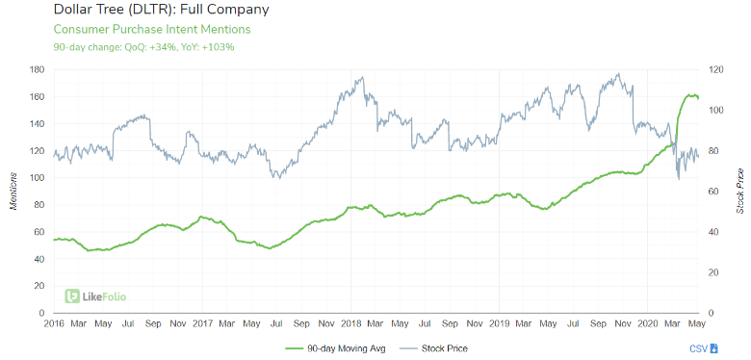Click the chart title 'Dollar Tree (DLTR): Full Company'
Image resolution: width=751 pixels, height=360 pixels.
tap(147, 11)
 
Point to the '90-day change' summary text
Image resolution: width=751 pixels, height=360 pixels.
tap(144, 46)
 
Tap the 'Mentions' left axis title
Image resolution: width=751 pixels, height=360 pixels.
tap(13, 192)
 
